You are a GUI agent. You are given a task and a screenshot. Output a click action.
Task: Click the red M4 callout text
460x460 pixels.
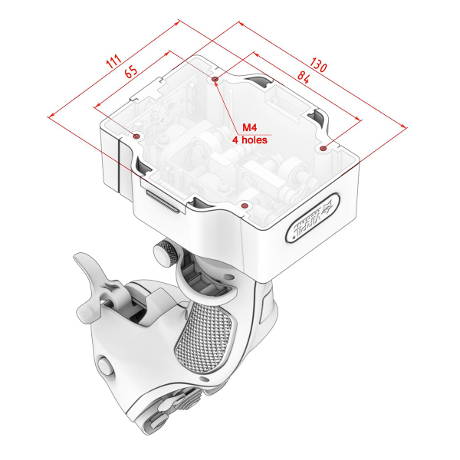[251, 127]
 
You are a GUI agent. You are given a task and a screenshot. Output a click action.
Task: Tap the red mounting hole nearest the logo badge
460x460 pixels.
[324, 147]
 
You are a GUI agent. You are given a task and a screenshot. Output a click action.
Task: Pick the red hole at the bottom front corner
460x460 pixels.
[244, 205]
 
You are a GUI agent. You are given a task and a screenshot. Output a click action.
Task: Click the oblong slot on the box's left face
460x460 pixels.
[163, 201]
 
